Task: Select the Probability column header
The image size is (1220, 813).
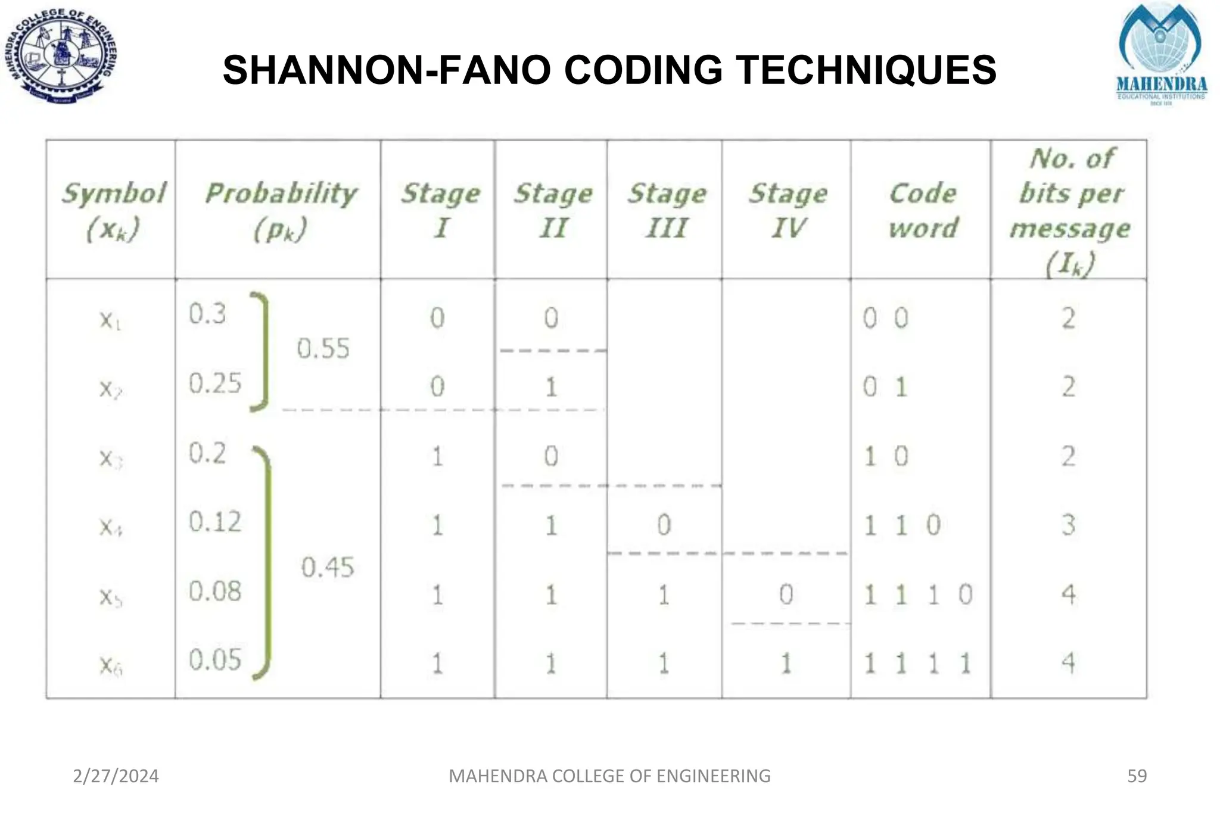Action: coord(281,210)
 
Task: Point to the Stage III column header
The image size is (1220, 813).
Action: coord(667,210)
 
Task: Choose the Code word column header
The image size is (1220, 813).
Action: coord(923,210)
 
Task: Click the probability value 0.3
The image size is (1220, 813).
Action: coord(207,314)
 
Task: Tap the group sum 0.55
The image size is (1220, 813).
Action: coord(323,348)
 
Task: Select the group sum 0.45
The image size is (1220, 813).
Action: coord(327,567)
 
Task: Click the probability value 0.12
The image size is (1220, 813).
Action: coord(215,522)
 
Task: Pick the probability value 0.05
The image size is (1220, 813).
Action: coord(215,660)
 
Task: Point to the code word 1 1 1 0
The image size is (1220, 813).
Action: coord(918,594)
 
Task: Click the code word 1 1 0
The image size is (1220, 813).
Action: coord(902,525)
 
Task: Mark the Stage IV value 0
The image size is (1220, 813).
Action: coord(786,594)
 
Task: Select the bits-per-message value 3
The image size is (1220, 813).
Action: coord(1069,525)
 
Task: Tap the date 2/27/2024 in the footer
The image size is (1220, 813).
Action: coord(116,776)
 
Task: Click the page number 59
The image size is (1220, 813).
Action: coord(1137,776)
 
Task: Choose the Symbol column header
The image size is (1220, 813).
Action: coord(113,210)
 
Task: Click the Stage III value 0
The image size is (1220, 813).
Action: coord(664,525)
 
